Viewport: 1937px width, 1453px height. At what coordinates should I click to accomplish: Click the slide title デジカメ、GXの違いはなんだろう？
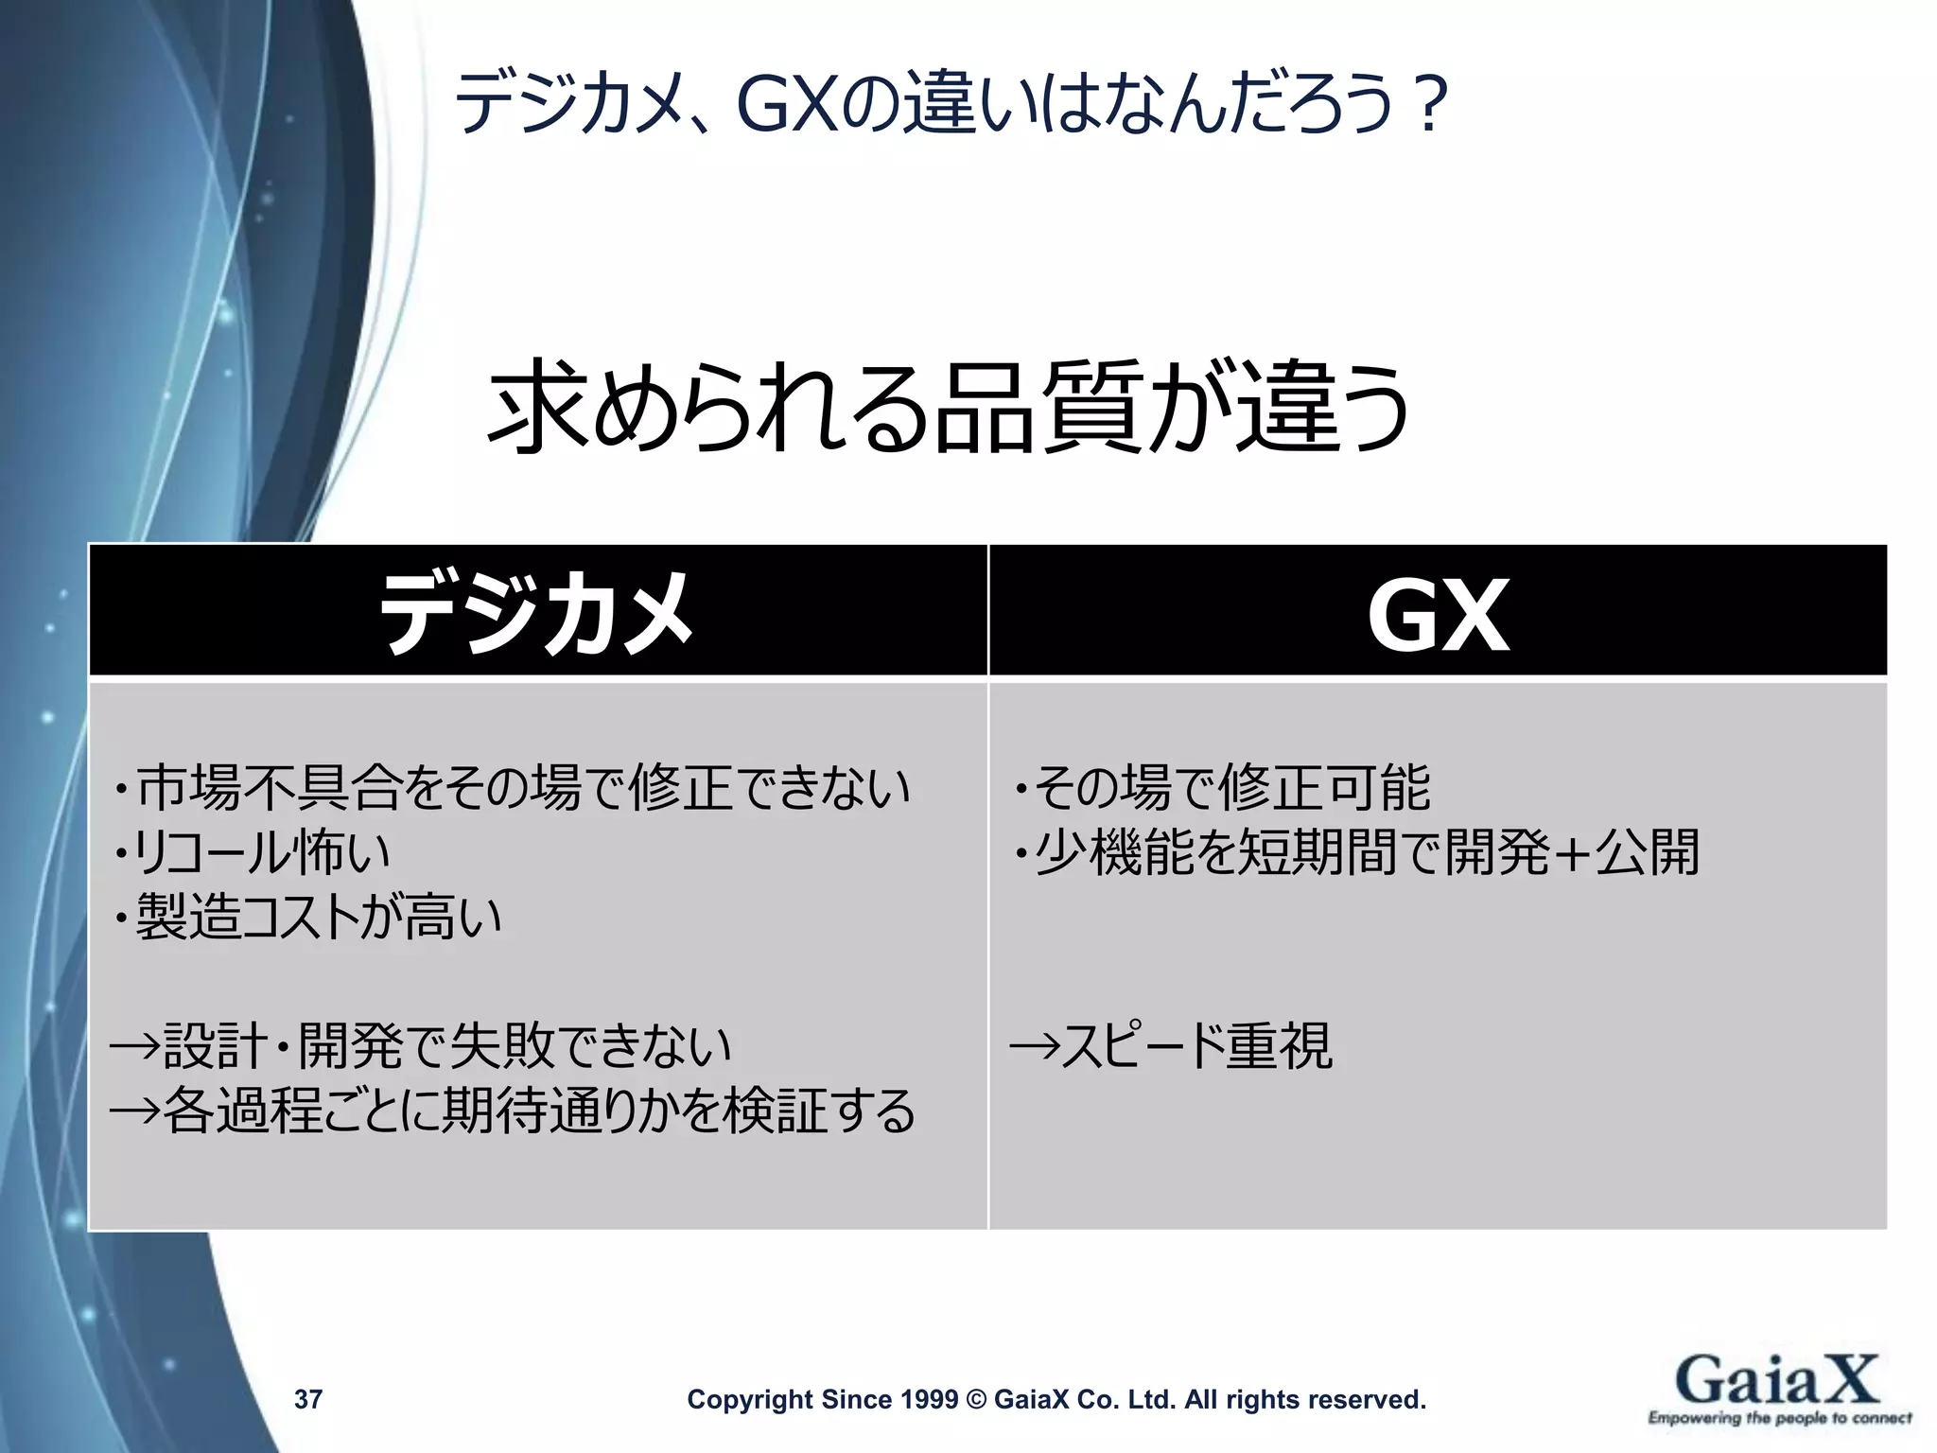click(x=950, y=104)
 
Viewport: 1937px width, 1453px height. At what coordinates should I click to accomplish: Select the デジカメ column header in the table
click(x=536, y=613)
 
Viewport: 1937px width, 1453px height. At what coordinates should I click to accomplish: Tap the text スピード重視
click(x=1196, y=1046)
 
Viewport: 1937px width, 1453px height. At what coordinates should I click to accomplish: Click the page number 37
click(x=308, y=1399)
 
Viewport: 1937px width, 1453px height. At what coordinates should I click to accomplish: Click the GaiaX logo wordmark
click(x=1776, y=1378)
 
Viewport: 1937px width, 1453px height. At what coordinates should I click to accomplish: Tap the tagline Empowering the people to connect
click(x=1779, y=1418)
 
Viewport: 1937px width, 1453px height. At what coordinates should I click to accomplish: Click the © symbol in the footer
click(x=977, y=1399)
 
